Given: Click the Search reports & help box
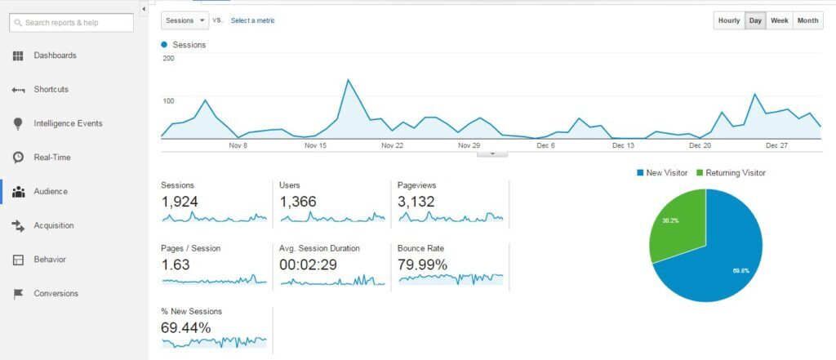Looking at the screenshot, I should [x=71, y=22].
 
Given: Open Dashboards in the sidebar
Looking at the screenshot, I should [x=55, y=56].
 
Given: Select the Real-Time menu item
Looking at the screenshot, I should [x=51, y=157].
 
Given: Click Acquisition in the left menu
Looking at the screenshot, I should [x=53, y=225].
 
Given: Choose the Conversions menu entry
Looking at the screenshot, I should [x=56, y=293].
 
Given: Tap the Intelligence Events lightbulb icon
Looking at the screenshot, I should [x=18, y=123].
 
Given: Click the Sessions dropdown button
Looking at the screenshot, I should [x=185, y=20].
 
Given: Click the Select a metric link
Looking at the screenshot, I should [x=253, y=20].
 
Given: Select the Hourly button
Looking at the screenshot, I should [x=728, y=20].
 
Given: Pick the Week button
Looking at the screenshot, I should [x=779, y=20].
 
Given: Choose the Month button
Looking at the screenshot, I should [x=807, y=20].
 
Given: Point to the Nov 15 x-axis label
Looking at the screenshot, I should [x=315, y=145].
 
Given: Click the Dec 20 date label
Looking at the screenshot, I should [x=700, y=145].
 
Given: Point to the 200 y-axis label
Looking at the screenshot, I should [x=168, y=59].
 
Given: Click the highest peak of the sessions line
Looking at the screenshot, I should [x=349, y=80].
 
